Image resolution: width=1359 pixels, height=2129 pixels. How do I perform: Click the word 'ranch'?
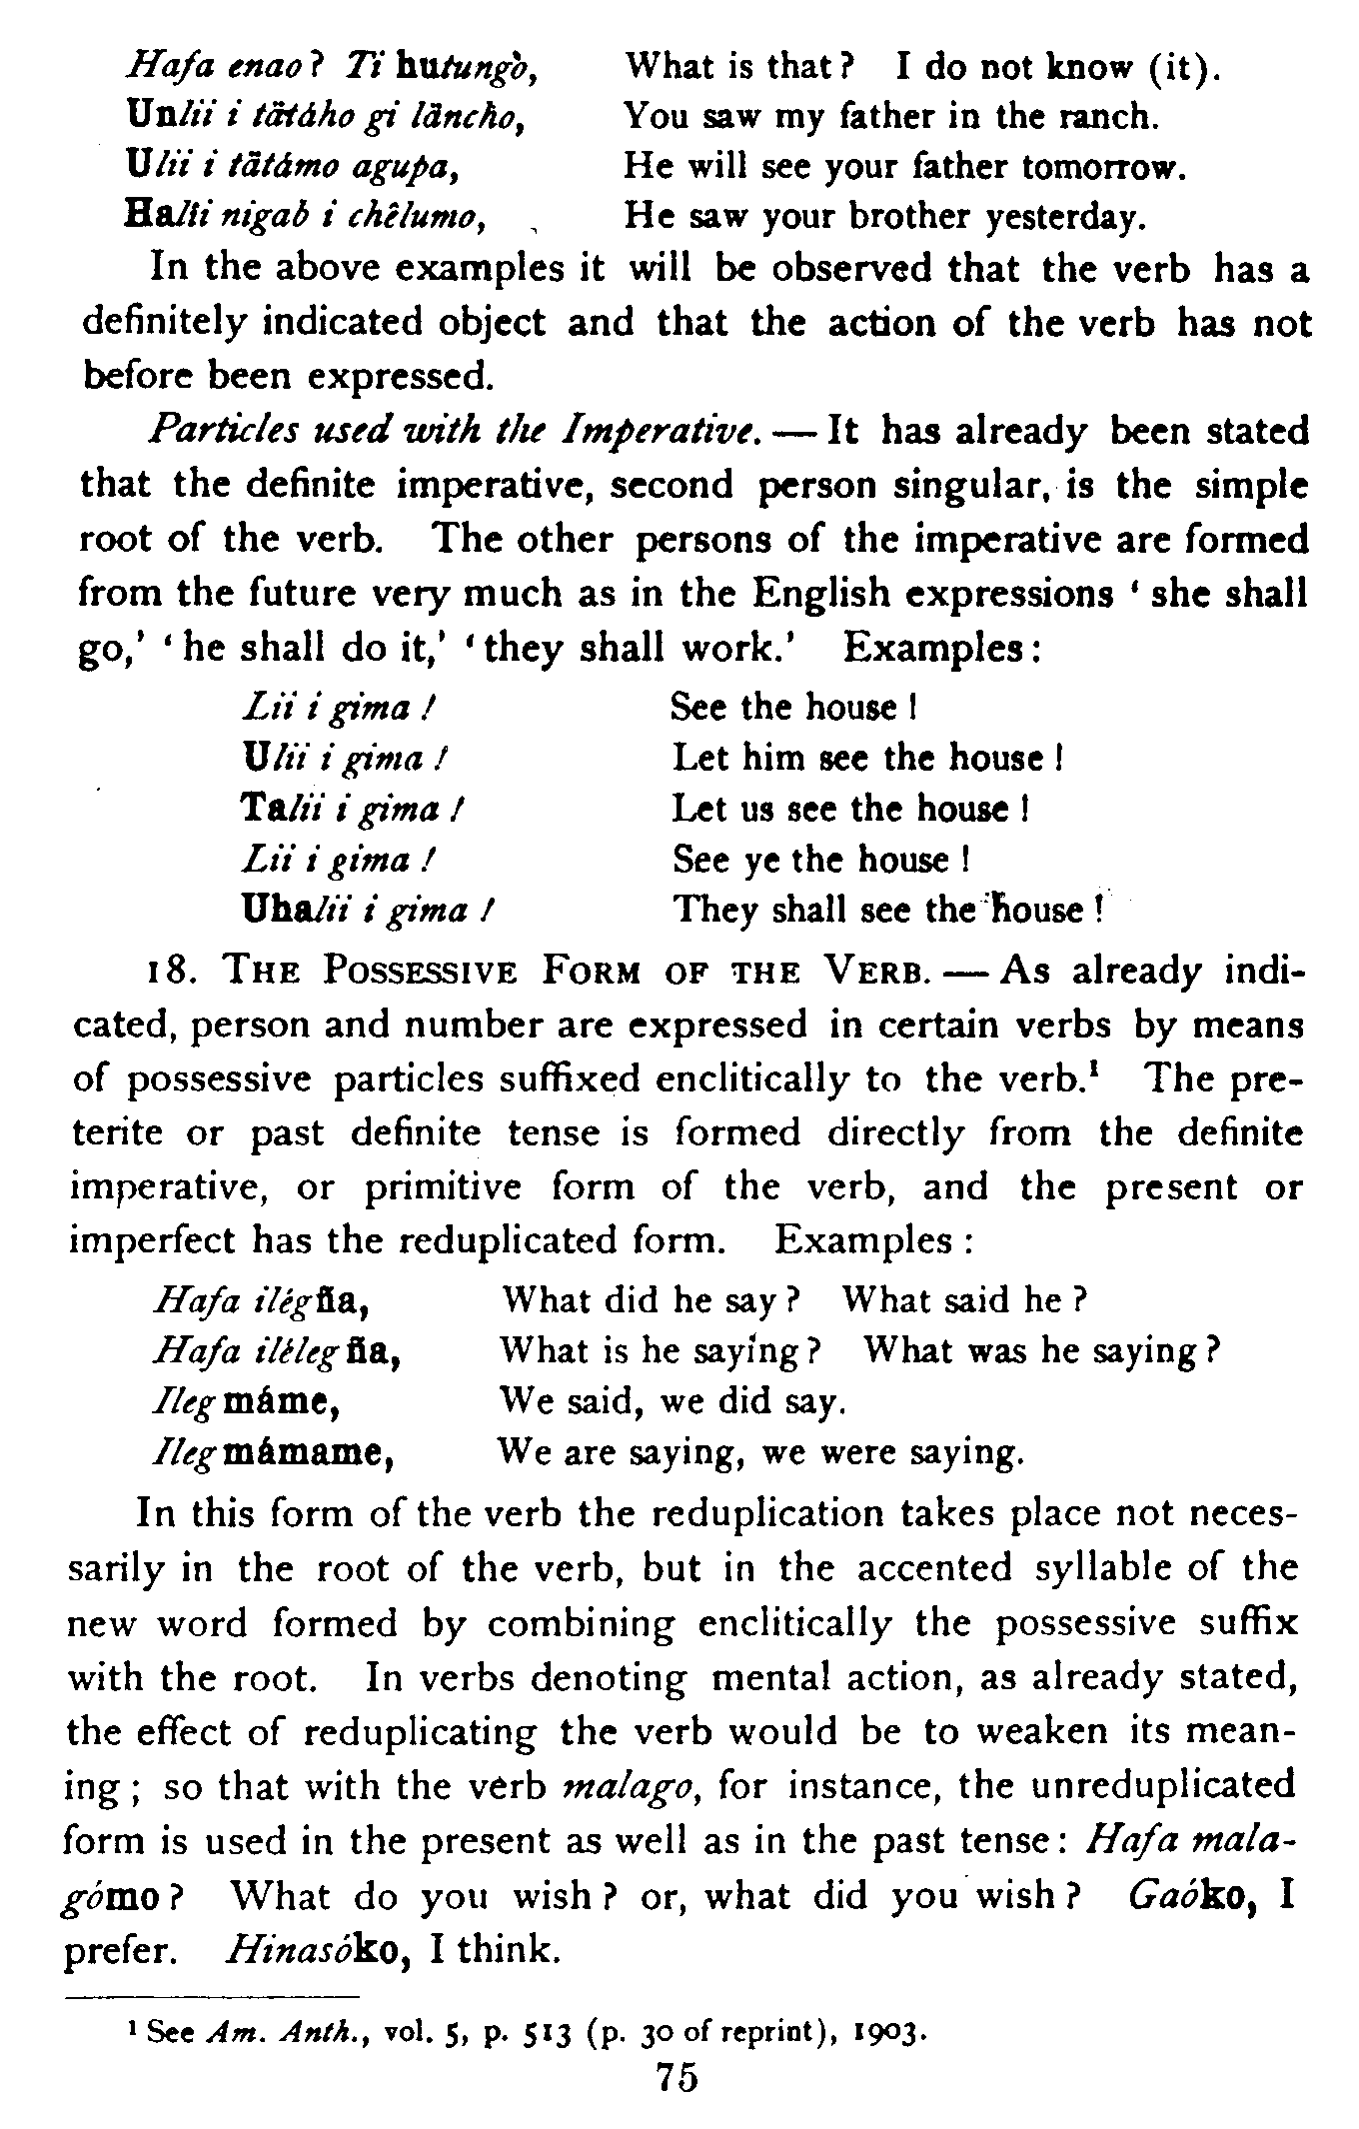pos(1108,117)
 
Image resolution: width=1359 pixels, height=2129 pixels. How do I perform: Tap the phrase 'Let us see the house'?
pos(849,809)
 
